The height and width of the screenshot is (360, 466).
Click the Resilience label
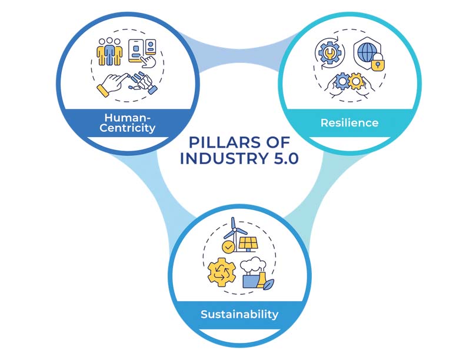click(x=349, y=123)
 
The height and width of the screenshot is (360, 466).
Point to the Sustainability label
click(x=239, y=314)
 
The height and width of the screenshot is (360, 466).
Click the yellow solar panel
click(x=245, y=243)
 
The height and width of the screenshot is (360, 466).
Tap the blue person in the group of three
click(x=109, y=52)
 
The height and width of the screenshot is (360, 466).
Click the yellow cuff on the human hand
click(x=104, y=90)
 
